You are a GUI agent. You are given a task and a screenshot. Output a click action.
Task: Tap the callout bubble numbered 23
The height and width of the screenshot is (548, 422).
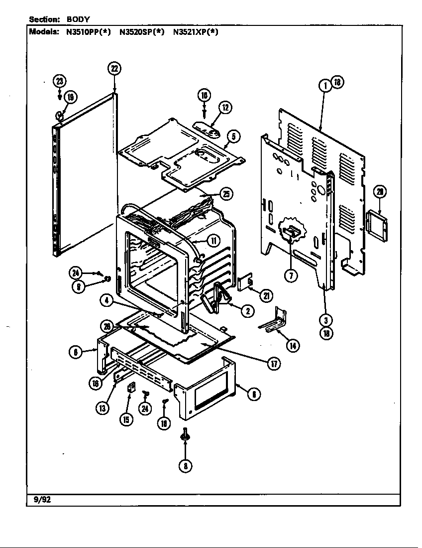coord(60,81)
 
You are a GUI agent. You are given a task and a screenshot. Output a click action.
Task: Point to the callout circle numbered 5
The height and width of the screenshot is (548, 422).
coord(232,136)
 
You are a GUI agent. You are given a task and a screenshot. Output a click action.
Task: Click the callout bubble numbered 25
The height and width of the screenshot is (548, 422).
coord(226,194)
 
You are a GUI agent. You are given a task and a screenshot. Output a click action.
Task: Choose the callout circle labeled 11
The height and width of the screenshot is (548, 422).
coord(212,241)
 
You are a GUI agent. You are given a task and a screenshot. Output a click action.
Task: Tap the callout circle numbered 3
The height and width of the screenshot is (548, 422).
coord(325,320)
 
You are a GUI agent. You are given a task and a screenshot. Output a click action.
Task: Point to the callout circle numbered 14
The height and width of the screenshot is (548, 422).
coord(293,345)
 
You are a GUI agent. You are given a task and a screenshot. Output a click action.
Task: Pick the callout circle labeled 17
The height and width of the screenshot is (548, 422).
coord(273,364)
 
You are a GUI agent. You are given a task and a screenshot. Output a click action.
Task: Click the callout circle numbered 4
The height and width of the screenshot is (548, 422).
coord(106,300)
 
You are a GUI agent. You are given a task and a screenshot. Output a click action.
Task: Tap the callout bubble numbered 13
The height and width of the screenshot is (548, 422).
coord(103,408)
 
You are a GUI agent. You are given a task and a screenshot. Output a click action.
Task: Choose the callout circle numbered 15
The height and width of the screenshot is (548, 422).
coord(126,419)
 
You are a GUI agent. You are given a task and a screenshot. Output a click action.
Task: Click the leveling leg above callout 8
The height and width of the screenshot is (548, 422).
coord(185,435)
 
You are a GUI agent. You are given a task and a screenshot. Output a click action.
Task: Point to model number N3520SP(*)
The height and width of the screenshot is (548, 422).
coord(142,32)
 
